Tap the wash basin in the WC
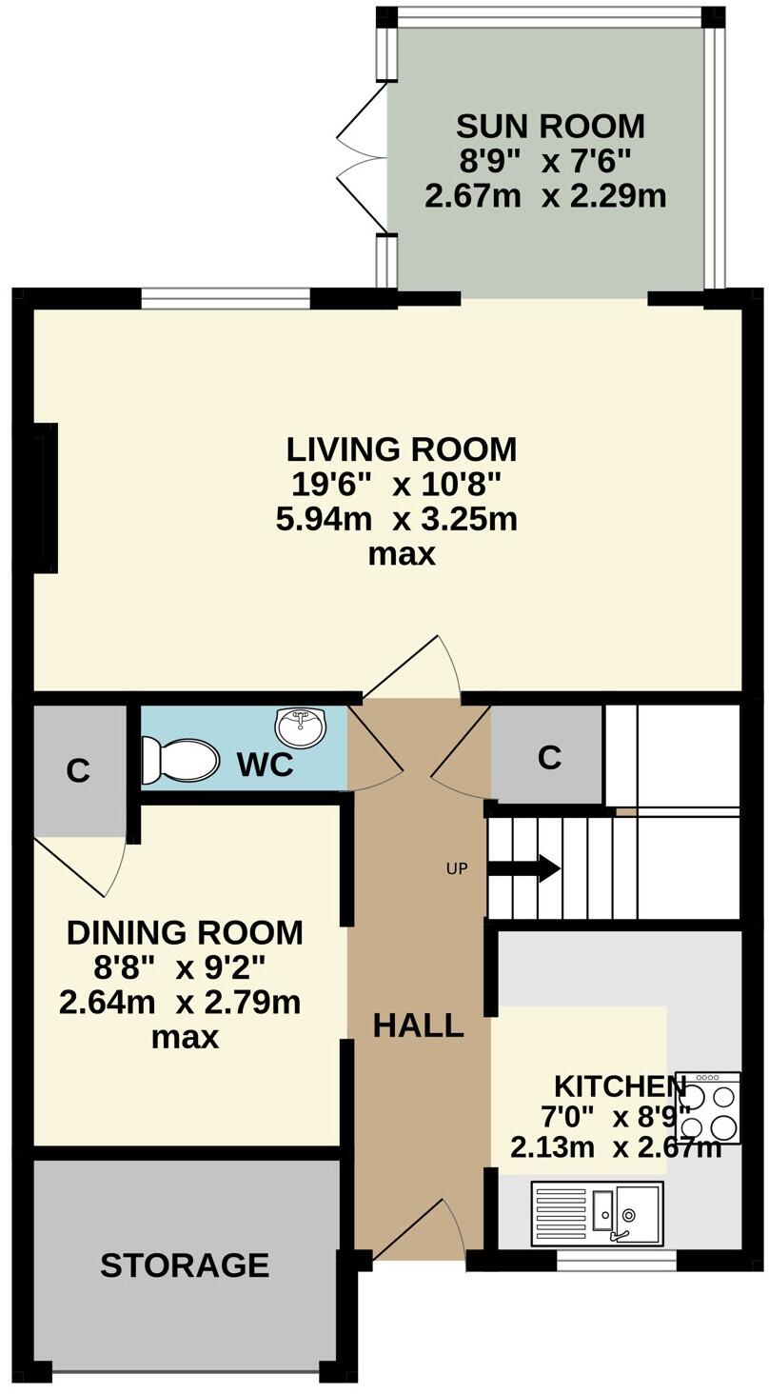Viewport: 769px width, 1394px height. point(300,727)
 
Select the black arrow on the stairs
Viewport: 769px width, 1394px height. point(523,868)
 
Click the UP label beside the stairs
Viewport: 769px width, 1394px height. point(457,868)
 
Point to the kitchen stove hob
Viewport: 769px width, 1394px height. point(707,1107)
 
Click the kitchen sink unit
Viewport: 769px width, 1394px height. point(598,1213)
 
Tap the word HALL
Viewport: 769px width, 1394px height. point(418,1026)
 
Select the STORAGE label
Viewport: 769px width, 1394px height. point(185,1265)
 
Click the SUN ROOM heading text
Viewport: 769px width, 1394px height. point(550,126)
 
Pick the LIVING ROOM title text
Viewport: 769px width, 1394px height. point(402,448)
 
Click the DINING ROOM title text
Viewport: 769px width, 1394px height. point(185,933)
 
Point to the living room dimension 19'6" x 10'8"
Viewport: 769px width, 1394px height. point(402,485)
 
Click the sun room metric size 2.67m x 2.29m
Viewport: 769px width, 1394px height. point(543,196)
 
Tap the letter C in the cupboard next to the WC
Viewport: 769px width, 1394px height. point(78,770)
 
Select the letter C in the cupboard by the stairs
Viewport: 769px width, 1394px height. point(549,757)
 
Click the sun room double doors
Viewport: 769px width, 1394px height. point(362,157)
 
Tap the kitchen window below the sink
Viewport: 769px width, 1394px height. point(616,1261)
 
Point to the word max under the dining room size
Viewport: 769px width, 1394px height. point(185,1037)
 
